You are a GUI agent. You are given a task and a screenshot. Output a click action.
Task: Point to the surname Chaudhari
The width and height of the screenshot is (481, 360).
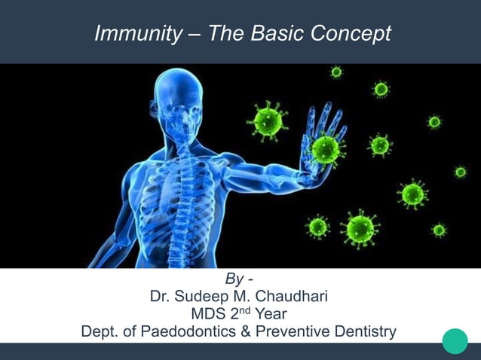pos(285,297)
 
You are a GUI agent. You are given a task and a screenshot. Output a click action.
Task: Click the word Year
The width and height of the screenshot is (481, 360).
pos(271,314)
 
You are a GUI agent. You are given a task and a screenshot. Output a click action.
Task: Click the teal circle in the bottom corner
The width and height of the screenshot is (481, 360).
pos(455,341)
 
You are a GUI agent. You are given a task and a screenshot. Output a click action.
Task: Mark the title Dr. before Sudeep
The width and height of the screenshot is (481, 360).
pos(160,297)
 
